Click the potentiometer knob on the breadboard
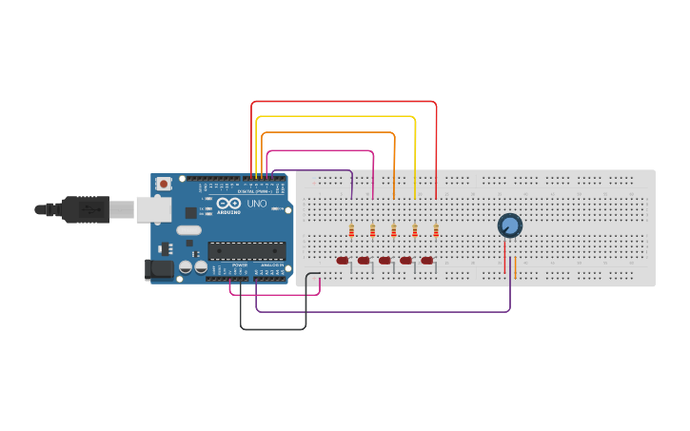(x=510, y=225)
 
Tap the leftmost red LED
(x=343, y=261)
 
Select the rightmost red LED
(x=426, y=261)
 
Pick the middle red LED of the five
(x=384, y=261)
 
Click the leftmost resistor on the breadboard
(x=351, y=229)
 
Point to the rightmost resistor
(x=436, y=229)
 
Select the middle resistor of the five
(x=393, y=229)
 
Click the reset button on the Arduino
(x=164, y=184)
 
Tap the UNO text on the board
(x=257, y=204)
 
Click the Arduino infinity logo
(x=228, y=204)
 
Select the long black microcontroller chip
(x=246, y=250)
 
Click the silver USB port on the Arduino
(x=152, y=209)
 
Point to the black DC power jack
(x=159, y=269)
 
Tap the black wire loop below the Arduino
(x=273, y=329)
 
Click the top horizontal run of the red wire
(x=343, y=102)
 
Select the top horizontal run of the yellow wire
(x=338, y=117)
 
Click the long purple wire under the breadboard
(x=381, y=311)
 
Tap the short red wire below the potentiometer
(x=504, y=257)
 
